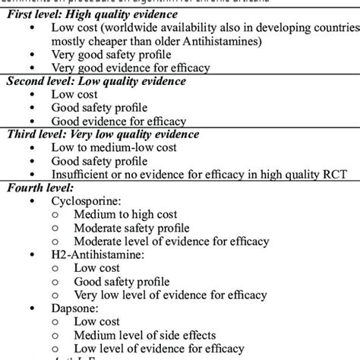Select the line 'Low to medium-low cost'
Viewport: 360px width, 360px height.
coord(112,147)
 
